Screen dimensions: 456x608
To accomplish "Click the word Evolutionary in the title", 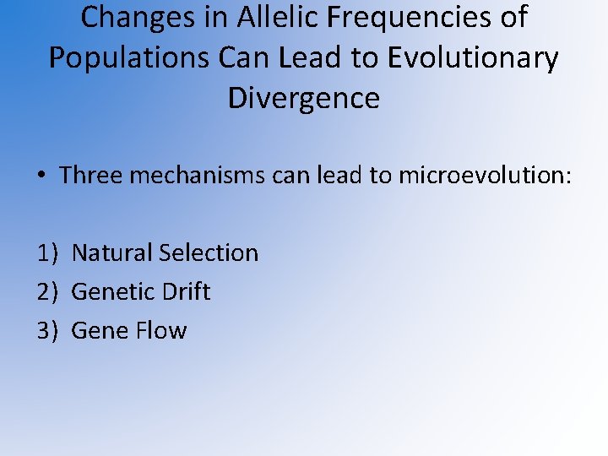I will point(473,57).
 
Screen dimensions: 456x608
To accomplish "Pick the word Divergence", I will point(304,98).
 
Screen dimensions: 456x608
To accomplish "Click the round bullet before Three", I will point(41,176).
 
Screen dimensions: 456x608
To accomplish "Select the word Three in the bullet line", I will point(91,176).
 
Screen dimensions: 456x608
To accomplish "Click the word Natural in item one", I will point(112,252).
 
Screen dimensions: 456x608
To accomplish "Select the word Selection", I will point(209,252).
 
